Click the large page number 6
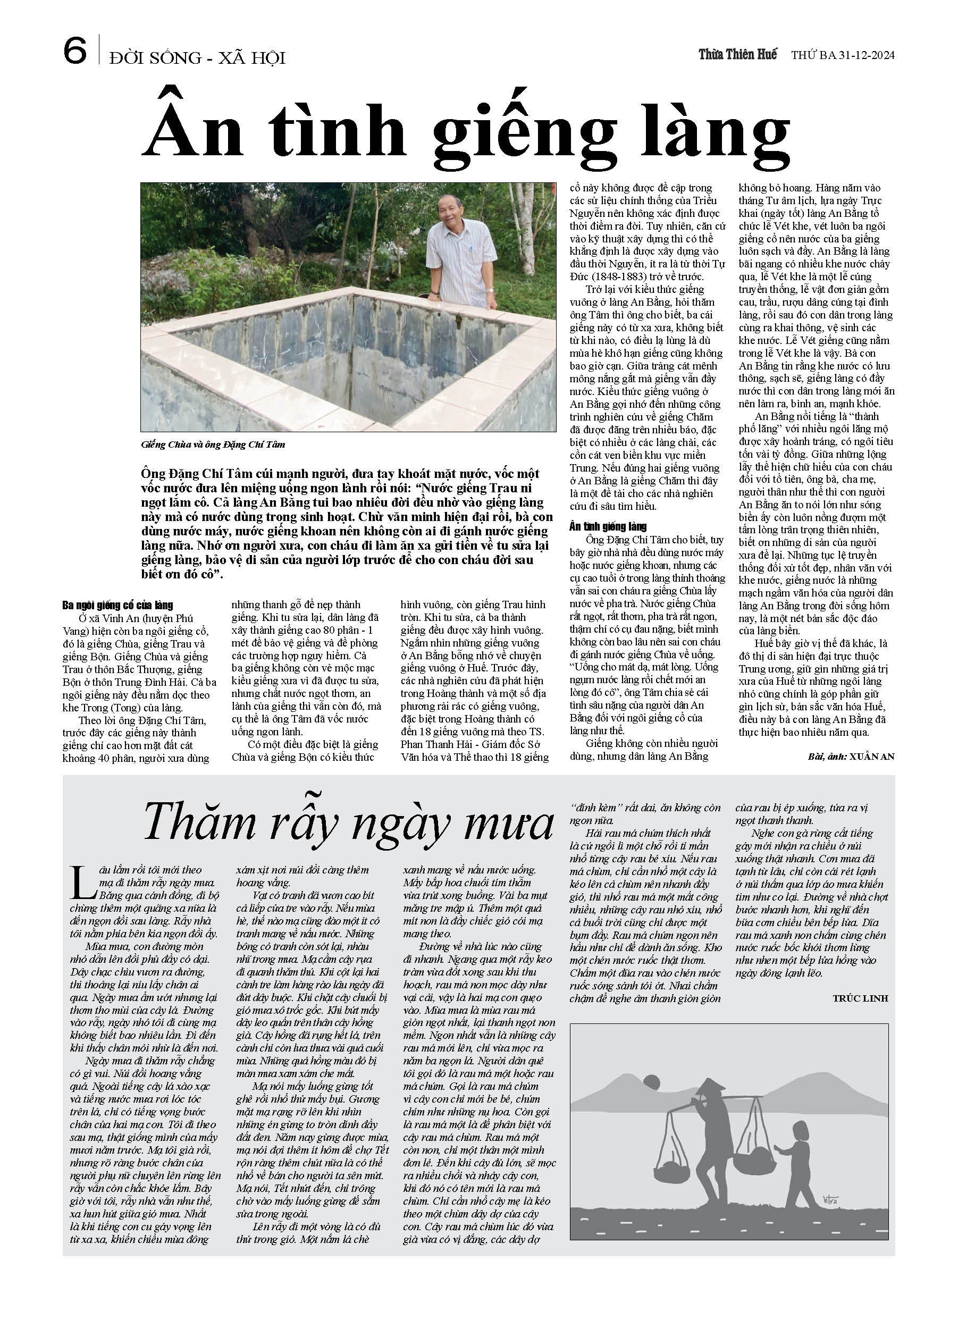click(75, 51)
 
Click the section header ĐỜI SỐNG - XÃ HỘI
click(197, 57)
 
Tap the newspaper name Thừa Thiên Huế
click(737, 55)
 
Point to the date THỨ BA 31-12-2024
click(842, 55)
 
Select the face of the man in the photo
click(455, 214)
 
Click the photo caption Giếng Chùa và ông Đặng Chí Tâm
click(213, 445)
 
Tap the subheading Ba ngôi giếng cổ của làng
click(117, 606)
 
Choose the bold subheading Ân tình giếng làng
click(608, 526)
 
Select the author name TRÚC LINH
click(860, 998)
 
